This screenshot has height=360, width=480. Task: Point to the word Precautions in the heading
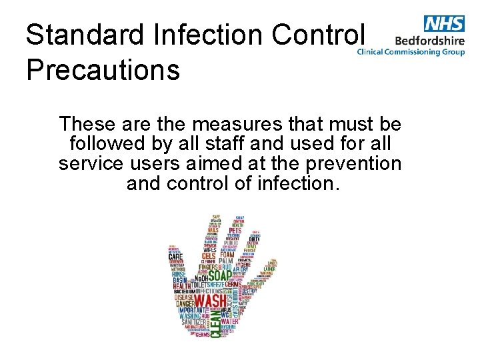coord(103,69)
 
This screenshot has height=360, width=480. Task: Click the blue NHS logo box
coord(443,24)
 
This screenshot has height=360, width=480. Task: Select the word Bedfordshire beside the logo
coord(430,40)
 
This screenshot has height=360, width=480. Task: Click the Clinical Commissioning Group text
coord(411,51)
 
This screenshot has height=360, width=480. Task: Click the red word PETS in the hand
coord(235,231)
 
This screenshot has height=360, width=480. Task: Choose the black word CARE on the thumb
coord(175,256)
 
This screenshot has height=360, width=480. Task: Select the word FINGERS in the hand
coord(192,270)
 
